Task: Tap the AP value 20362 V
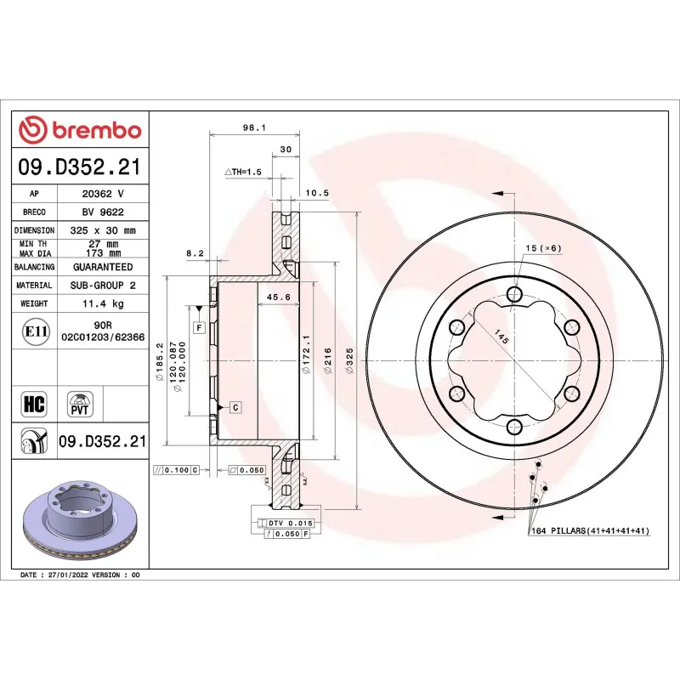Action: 102,194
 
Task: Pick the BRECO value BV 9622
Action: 102,212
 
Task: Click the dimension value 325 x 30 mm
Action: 102,230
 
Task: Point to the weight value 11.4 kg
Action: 102,303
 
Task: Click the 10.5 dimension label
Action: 317,193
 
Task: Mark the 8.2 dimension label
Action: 195,252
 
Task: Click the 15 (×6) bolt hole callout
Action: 543,248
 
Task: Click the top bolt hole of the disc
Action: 513,294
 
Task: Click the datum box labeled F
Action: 198,327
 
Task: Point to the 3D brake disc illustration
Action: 78,519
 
